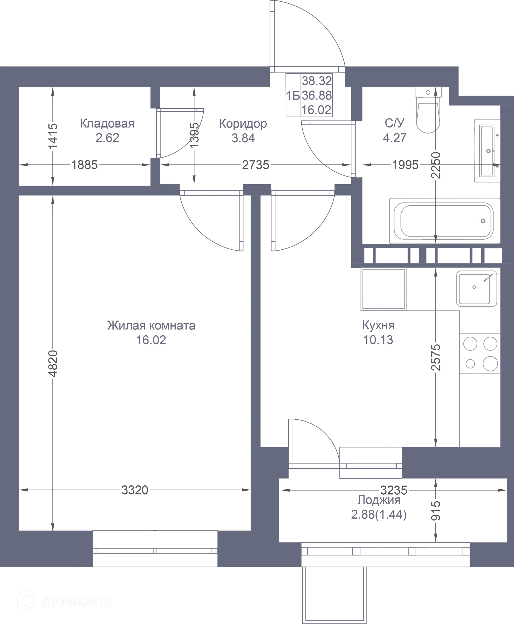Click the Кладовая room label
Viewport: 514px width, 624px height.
point(107,123)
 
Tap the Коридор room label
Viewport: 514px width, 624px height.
point(243,124)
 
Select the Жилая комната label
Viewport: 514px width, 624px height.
point(151,325)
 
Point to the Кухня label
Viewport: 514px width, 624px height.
point(378,325)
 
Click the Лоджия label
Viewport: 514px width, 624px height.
point(379,500)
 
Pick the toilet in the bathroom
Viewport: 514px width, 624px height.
point(428,110)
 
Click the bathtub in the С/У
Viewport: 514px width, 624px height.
point(445,221)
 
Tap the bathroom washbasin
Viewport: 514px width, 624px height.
point(487,151)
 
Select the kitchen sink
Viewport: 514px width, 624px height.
point(477,288)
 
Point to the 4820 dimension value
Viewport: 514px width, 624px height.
point(53,363)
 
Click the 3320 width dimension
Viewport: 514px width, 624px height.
point(135,490)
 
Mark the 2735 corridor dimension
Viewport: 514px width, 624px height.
point(255,165)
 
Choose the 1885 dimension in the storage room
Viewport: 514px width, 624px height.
point(84,165)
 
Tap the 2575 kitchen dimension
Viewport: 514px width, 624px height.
point(436,357)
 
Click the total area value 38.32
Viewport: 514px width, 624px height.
point(317,81)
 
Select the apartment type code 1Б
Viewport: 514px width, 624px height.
point(293,96)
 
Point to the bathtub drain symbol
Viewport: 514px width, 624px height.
point(483,221)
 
